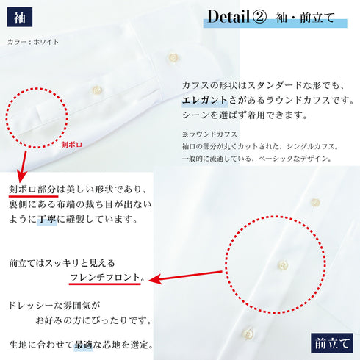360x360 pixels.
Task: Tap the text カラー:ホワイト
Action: [x=32, y=42]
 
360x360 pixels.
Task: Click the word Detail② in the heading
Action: [x=236, y=16]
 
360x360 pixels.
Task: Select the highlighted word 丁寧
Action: [x=46, y=220]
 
